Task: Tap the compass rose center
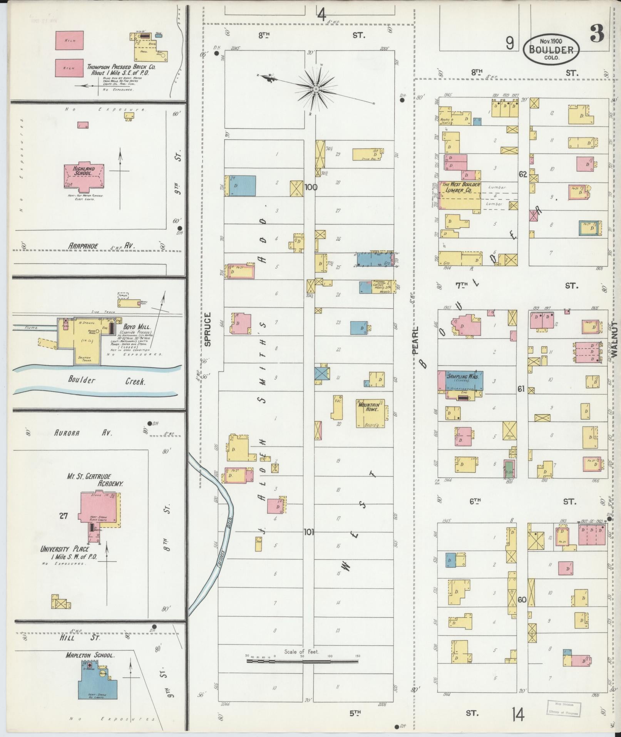click(x=315, y=89)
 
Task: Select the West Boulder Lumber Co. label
click(x=460, y=187)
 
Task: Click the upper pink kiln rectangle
click(x=69, y=40)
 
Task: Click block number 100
click(x=311, y=188)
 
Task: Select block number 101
click(x=309, y=532)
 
